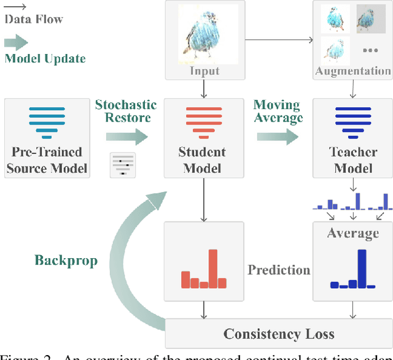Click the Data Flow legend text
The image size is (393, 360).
[34, 19]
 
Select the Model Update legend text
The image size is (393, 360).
[45, 58]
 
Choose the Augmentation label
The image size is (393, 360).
[352, 71]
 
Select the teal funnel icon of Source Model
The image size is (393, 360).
[47, 120]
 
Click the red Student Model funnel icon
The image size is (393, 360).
[201, 120]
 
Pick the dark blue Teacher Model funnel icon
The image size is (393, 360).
[352, 120]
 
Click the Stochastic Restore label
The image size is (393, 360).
[126, 111]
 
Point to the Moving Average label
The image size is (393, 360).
[278, 111]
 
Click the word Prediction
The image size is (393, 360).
[279, 270]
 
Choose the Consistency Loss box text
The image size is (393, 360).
[279, 334]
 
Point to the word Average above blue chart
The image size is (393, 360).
[352, 233]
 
